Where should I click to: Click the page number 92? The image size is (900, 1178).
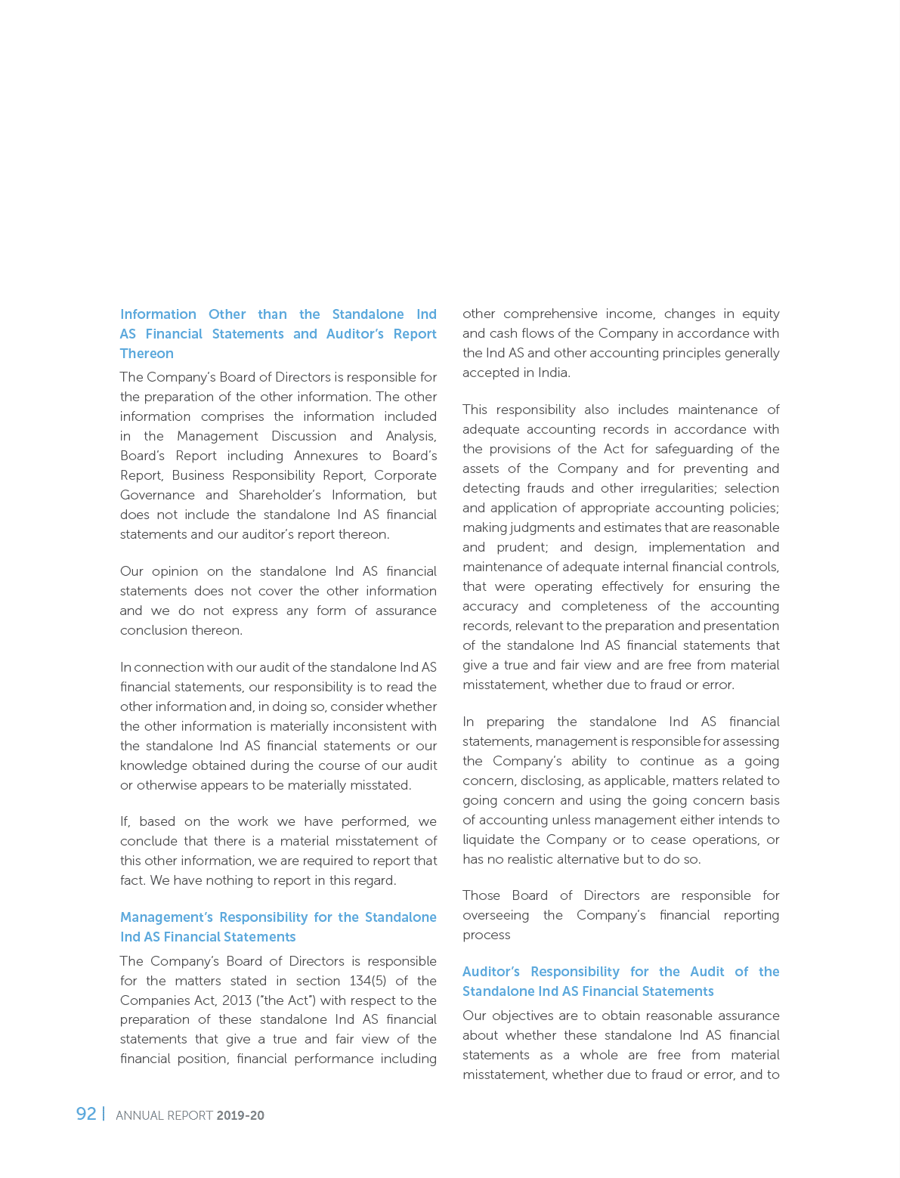[86, 1114]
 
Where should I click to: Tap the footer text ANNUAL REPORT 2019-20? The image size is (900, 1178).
[190, 1115]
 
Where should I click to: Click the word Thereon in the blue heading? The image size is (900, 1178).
[147, 354]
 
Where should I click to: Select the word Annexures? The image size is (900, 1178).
[326, 456]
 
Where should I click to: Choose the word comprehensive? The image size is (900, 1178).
[554, 314]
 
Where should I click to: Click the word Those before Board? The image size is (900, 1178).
[481, 895]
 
